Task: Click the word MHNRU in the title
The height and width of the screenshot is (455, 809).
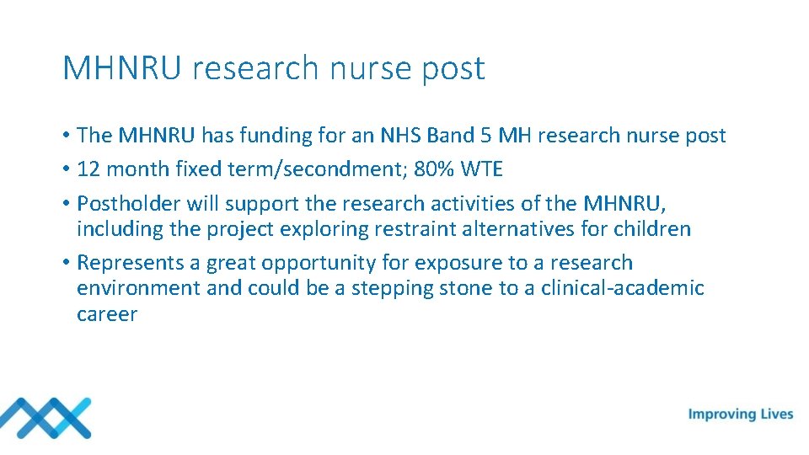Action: pos(121,68)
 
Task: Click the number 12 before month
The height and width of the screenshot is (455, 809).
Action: pos(88,169)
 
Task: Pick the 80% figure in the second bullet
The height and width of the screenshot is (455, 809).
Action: pos(435,169)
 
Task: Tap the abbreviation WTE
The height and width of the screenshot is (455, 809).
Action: pos(482,169)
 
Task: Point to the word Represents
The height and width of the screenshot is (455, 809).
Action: pos(128,263)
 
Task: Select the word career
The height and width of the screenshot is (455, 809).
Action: pos(107,314)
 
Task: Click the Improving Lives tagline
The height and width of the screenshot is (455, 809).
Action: pos(741,414)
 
